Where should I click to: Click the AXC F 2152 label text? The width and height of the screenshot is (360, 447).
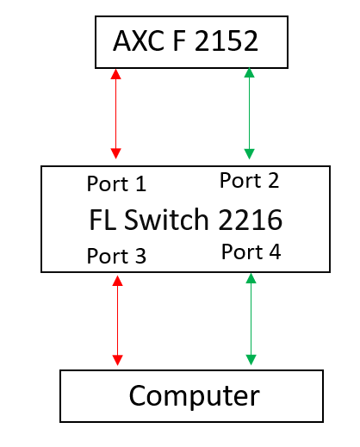[x=185, y=40]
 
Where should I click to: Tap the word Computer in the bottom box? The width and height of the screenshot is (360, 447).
[x=195, y=396]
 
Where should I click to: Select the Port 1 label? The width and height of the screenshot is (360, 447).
[x=116, y=183]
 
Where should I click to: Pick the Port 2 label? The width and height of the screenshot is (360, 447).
[x=249, y=180]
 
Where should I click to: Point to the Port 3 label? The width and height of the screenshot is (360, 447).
[x=116, y=256]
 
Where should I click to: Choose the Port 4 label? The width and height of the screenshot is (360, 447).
[x=251, y=251]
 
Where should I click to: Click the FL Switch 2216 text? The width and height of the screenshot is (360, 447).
[x=186, y=220]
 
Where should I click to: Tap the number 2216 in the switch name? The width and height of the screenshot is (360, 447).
[x=251, y=220]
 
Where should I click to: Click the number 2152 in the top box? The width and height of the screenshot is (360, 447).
[x=227, y=40]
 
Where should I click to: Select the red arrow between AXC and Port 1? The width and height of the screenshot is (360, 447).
[x=115, y=114]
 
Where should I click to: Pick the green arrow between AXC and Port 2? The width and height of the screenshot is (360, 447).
[x=249, y=114]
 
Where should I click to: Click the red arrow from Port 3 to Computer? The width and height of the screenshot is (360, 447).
[x=117, y=320]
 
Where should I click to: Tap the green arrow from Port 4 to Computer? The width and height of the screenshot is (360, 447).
[x=251, y=319]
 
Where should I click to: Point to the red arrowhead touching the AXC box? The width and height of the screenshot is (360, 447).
[x=115, y=74]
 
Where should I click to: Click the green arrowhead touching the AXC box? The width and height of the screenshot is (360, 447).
[x=249, y=73]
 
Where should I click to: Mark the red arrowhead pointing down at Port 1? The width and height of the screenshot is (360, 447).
[x=115, y=153]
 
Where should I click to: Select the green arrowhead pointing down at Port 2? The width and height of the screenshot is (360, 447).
[x=249, y=154]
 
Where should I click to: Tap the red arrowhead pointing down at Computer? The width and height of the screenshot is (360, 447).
[x=117, y=360]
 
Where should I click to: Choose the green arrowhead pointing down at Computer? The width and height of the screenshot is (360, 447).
[x=251, y=360]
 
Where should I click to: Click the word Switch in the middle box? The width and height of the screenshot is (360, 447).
[x=166, y=220]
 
